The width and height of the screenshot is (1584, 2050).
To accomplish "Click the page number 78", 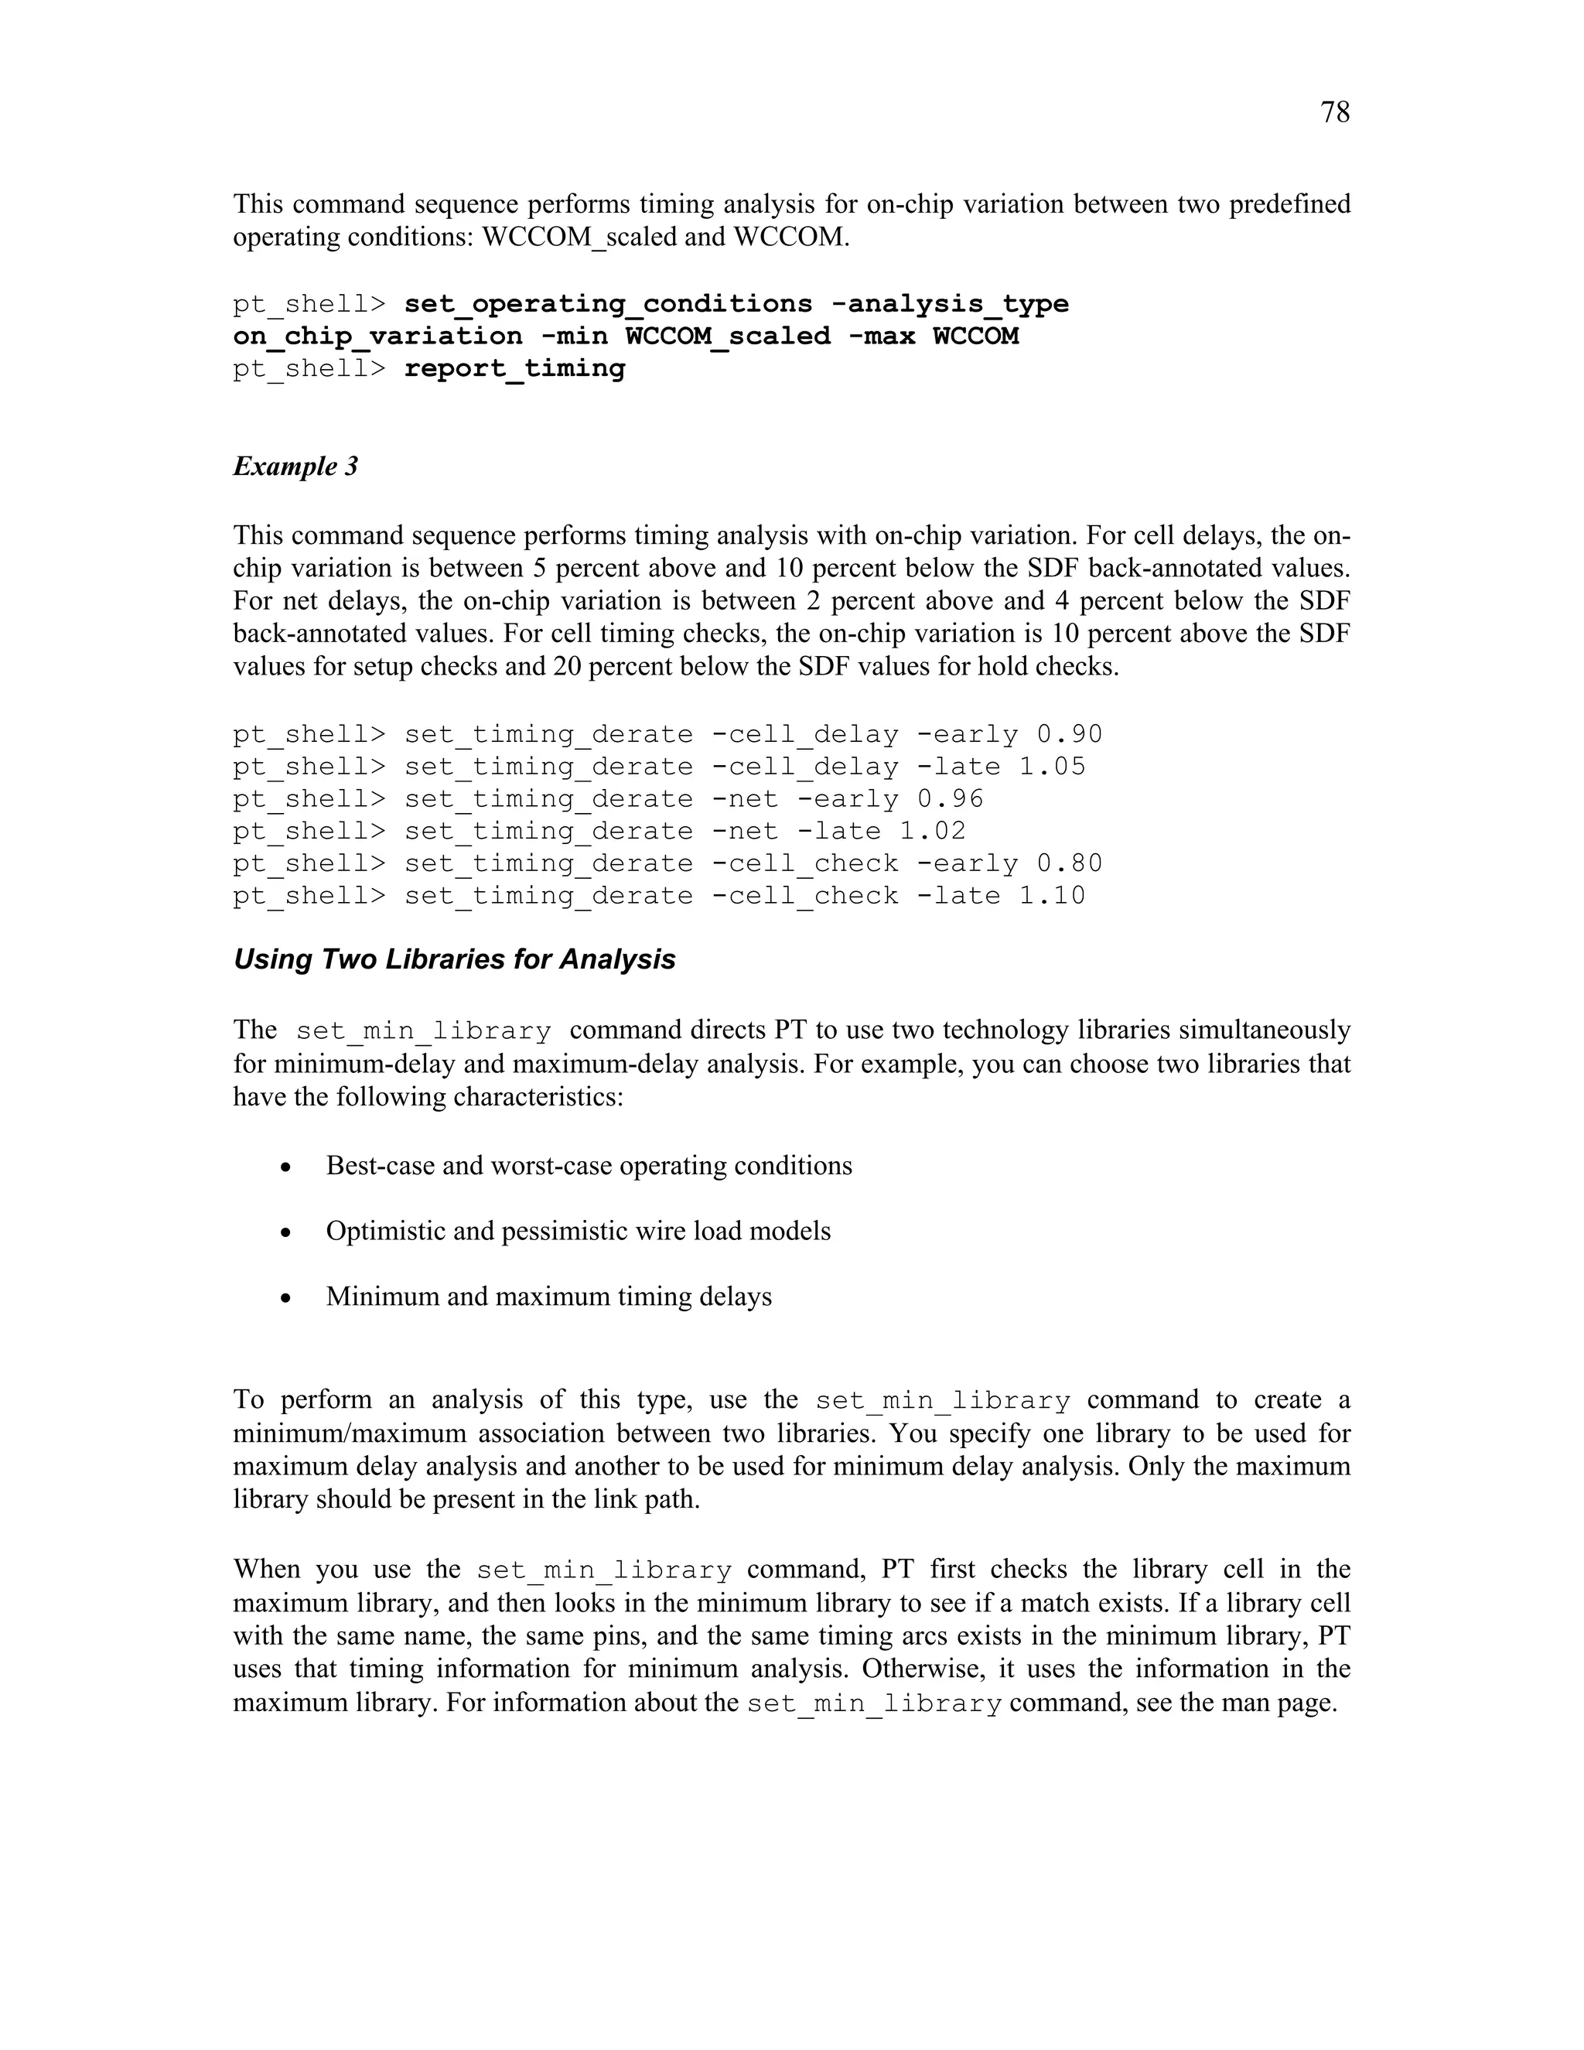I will pyautogui.click(x=1334, y=113).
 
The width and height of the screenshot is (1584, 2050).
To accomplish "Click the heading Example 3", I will pyautogui.click(x=295, y=466).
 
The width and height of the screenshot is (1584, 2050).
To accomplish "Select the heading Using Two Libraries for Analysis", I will pyautogui.click(x=454, y=959).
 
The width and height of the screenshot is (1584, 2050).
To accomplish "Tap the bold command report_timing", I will pyautogui.click(x=514, y=369).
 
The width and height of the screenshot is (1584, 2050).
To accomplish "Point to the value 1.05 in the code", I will pyautogui.click(x=1052, y=766).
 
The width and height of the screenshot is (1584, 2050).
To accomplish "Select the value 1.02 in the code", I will pyautogui.click(x=933, y=831).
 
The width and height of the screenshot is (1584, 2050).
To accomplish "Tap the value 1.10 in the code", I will pyautogui.click(x=1052, y=896).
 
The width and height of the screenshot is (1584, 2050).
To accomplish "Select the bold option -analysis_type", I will pyautogui.click(x=950, y=304).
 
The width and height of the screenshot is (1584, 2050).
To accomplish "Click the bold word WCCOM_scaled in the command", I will pyautogui.click(x=727, y=336).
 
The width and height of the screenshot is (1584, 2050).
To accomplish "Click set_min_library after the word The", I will pyautogui.click(x=423, y=1031).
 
